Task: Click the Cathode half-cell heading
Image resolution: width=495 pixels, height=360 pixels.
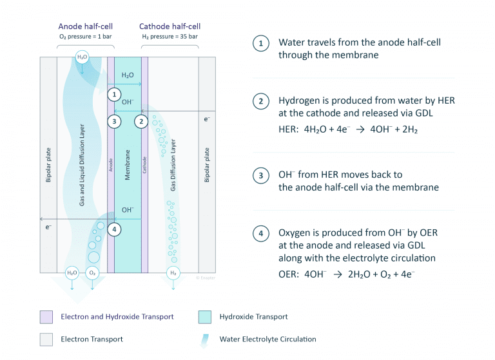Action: [170, 26]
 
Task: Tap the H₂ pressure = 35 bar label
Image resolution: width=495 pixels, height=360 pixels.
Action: [170, 37]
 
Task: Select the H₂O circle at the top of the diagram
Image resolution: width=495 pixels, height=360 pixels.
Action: [82, 57]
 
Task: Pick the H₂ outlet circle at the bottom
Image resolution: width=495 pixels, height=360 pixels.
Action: [173, 272]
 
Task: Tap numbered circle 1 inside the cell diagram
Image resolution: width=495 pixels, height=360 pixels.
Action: [114, 94]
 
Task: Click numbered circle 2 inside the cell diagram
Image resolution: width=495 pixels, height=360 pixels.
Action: [142, 120]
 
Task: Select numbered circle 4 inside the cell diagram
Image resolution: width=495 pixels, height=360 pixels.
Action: [114, 229]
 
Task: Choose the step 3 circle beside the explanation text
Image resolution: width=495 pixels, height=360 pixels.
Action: [260, 175]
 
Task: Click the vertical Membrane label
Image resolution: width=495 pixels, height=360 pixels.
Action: [128, 164]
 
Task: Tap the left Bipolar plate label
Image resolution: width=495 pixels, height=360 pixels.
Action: [48, 166]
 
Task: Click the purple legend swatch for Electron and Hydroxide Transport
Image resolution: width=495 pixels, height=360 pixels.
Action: [46, 317]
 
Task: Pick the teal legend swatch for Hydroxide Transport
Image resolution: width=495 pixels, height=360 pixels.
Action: [205, 317]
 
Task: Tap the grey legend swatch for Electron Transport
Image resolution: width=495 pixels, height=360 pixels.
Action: [46, 339]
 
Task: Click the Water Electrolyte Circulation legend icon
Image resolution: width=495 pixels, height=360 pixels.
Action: [205, 339]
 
